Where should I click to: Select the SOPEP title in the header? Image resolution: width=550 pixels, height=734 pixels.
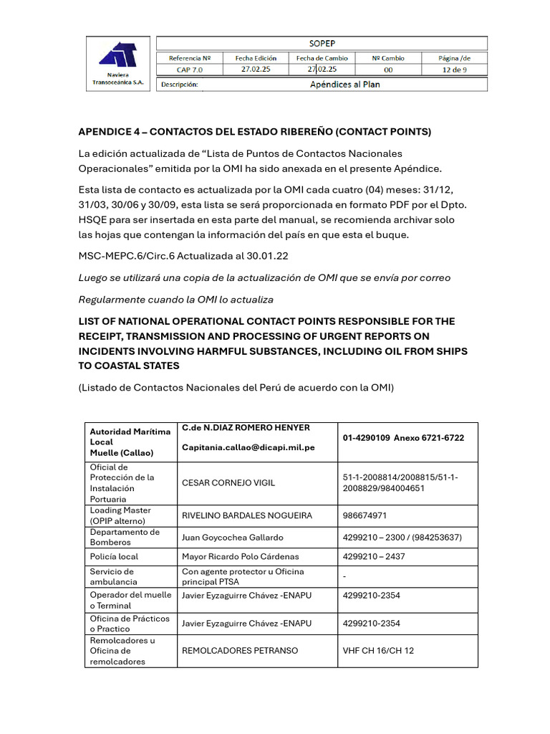coord(322,43)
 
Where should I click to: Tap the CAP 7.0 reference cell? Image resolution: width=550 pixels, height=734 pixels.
coord(190,70)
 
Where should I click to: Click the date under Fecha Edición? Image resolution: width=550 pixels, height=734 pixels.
coord(256,70)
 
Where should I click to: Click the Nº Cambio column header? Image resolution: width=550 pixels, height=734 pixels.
coord(388,57)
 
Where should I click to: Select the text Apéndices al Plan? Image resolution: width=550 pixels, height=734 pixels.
coord(344,84)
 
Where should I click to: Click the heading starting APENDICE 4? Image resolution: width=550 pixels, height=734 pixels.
coord(254,132)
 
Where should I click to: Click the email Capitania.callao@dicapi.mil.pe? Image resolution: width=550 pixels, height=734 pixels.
coord(248,447)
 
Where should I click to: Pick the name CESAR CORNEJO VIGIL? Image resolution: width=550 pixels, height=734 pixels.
coord(228,482)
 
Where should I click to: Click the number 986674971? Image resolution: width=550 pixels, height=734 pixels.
coord(365,515)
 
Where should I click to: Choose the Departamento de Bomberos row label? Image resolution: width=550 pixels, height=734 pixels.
coord(125,537)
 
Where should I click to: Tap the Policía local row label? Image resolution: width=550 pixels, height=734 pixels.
coord(114,556)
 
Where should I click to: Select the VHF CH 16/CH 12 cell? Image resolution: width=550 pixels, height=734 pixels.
coord(378,651)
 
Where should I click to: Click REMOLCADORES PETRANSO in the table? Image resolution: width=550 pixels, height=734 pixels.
coord(240,651)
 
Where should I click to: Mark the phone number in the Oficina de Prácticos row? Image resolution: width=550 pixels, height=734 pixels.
coord(371,624)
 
